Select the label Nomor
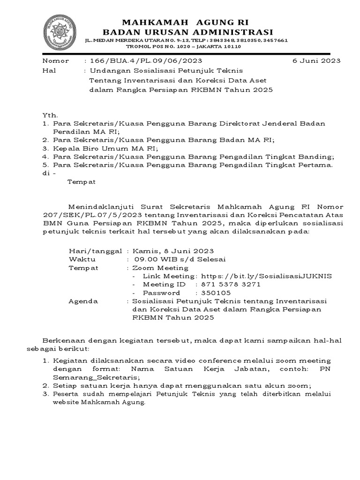coord(56,61)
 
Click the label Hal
coord(48,70)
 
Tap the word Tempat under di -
coord(82,182)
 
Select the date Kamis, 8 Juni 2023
coord(173,251)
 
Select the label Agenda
coord(83,301)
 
